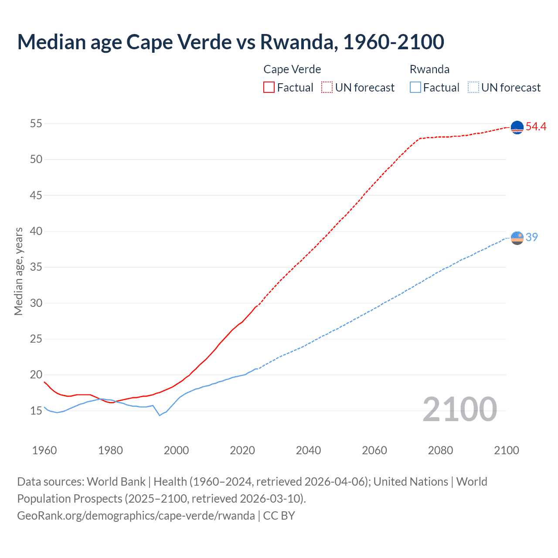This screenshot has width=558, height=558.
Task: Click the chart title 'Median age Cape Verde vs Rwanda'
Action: (231, 42)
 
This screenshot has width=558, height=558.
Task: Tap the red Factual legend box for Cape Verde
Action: (269, 88)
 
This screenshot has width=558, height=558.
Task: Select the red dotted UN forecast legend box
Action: (327, 88)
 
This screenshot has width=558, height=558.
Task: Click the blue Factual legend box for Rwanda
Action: (415, 88)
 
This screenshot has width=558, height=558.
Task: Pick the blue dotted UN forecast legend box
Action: (473, 88)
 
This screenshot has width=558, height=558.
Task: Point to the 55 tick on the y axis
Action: (36, 123)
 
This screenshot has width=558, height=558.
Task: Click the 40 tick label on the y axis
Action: (36, 231)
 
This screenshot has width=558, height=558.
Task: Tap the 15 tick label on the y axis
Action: (36, 411)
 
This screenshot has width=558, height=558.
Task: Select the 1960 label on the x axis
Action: (44, 450)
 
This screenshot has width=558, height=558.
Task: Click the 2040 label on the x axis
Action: (308, 450)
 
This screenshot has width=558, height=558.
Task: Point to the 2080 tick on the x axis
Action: (440, 450)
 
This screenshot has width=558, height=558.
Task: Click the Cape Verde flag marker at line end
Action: (517, 127)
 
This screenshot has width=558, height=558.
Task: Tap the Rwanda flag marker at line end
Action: (517, 238)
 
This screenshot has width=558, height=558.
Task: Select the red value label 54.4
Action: (536, 127)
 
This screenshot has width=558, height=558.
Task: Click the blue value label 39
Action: (532, 237)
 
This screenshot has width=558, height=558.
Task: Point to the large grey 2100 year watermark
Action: (459, 409)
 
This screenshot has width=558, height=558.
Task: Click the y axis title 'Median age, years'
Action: (18, 271)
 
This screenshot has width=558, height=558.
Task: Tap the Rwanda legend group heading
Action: (429, 69)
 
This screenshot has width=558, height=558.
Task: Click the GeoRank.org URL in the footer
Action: (136, 516)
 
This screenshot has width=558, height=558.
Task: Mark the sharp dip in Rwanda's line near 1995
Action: (160, 415)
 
